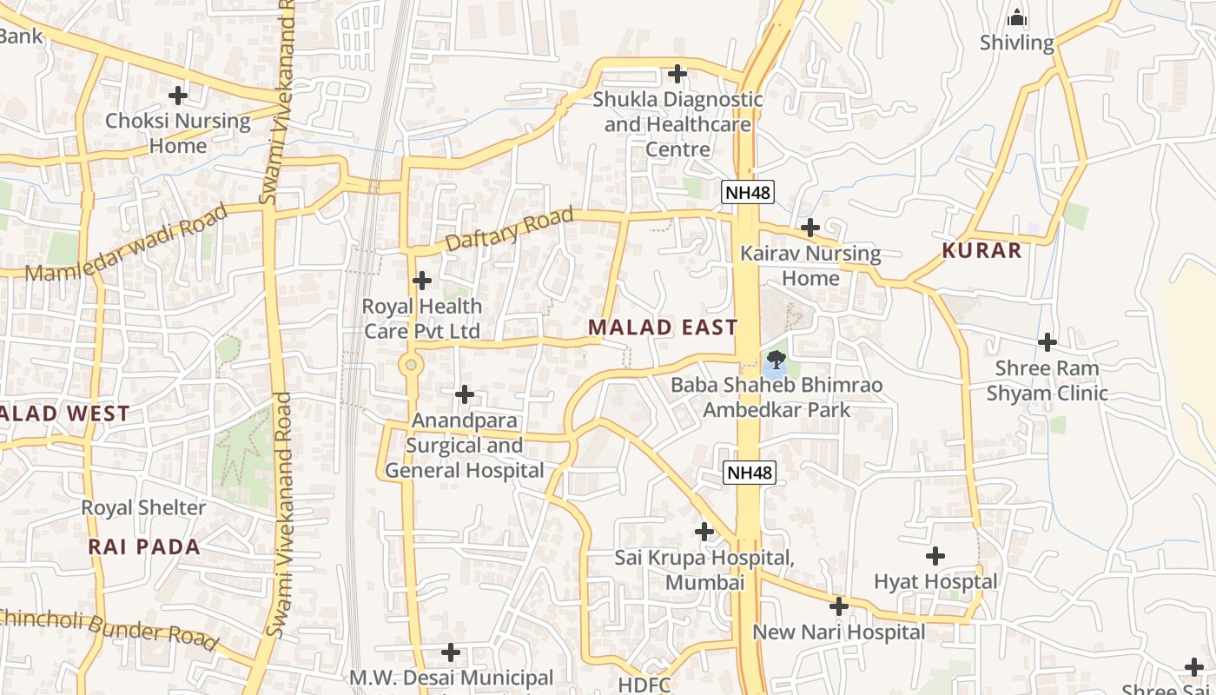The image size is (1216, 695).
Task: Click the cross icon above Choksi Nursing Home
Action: pyautogui.click(x=178, y=95)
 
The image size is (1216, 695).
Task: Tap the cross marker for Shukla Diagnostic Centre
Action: pyautogui.click(x=677, y=74)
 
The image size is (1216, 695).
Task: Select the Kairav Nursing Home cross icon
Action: pyautogui.click(x=810, y=228)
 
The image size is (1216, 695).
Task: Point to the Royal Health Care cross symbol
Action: pyautogui.click(x=421, y=281)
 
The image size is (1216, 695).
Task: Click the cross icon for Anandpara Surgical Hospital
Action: pyautogui.click(x=465, y=394)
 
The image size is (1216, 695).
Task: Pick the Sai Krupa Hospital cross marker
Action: pyautogui.click(x=704, y=531)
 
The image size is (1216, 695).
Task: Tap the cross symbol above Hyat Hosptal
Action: pyautogui.click(x=935, y=555)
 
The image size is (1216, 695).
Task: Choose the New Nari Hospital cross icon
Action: pyautogui.click(x=838, y=606)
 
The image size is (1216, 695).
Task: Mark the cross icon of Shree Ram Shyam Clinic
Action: pyautogui.click(x=1047, y=342)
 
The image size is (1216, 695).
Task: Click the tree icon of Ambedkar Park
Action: pyautogui.click(x=775, y=360)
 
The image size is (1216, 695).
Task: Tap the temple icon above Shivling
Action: pyautogui.click(x=1016, y=17)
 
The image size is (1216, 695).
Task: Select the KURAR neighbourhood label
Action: pyautogui.click(x=982, y=251)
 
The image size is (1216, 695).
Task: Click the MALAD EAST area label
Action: pyautogui.click(x=663, y=328)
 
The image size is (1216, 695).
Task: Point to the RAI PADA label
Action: pyautogui.click(x=144, y=547)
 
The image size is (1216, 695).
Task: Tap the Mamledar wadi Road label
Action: pyautogui.click(x=126, y=242)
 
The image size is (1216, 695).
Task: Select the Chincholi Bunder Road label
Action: pyautogui.click(x=109, y=628)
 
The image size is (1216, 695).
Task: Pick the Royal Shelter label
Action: pyautogui.click(x=143, y=507)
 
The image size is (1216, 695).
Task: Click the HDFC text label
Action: pyautogui.click(x=644, y=685)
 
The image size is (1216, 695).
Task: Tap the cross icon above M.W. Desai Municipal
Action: pyautogui.click(x=451, y=652)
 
